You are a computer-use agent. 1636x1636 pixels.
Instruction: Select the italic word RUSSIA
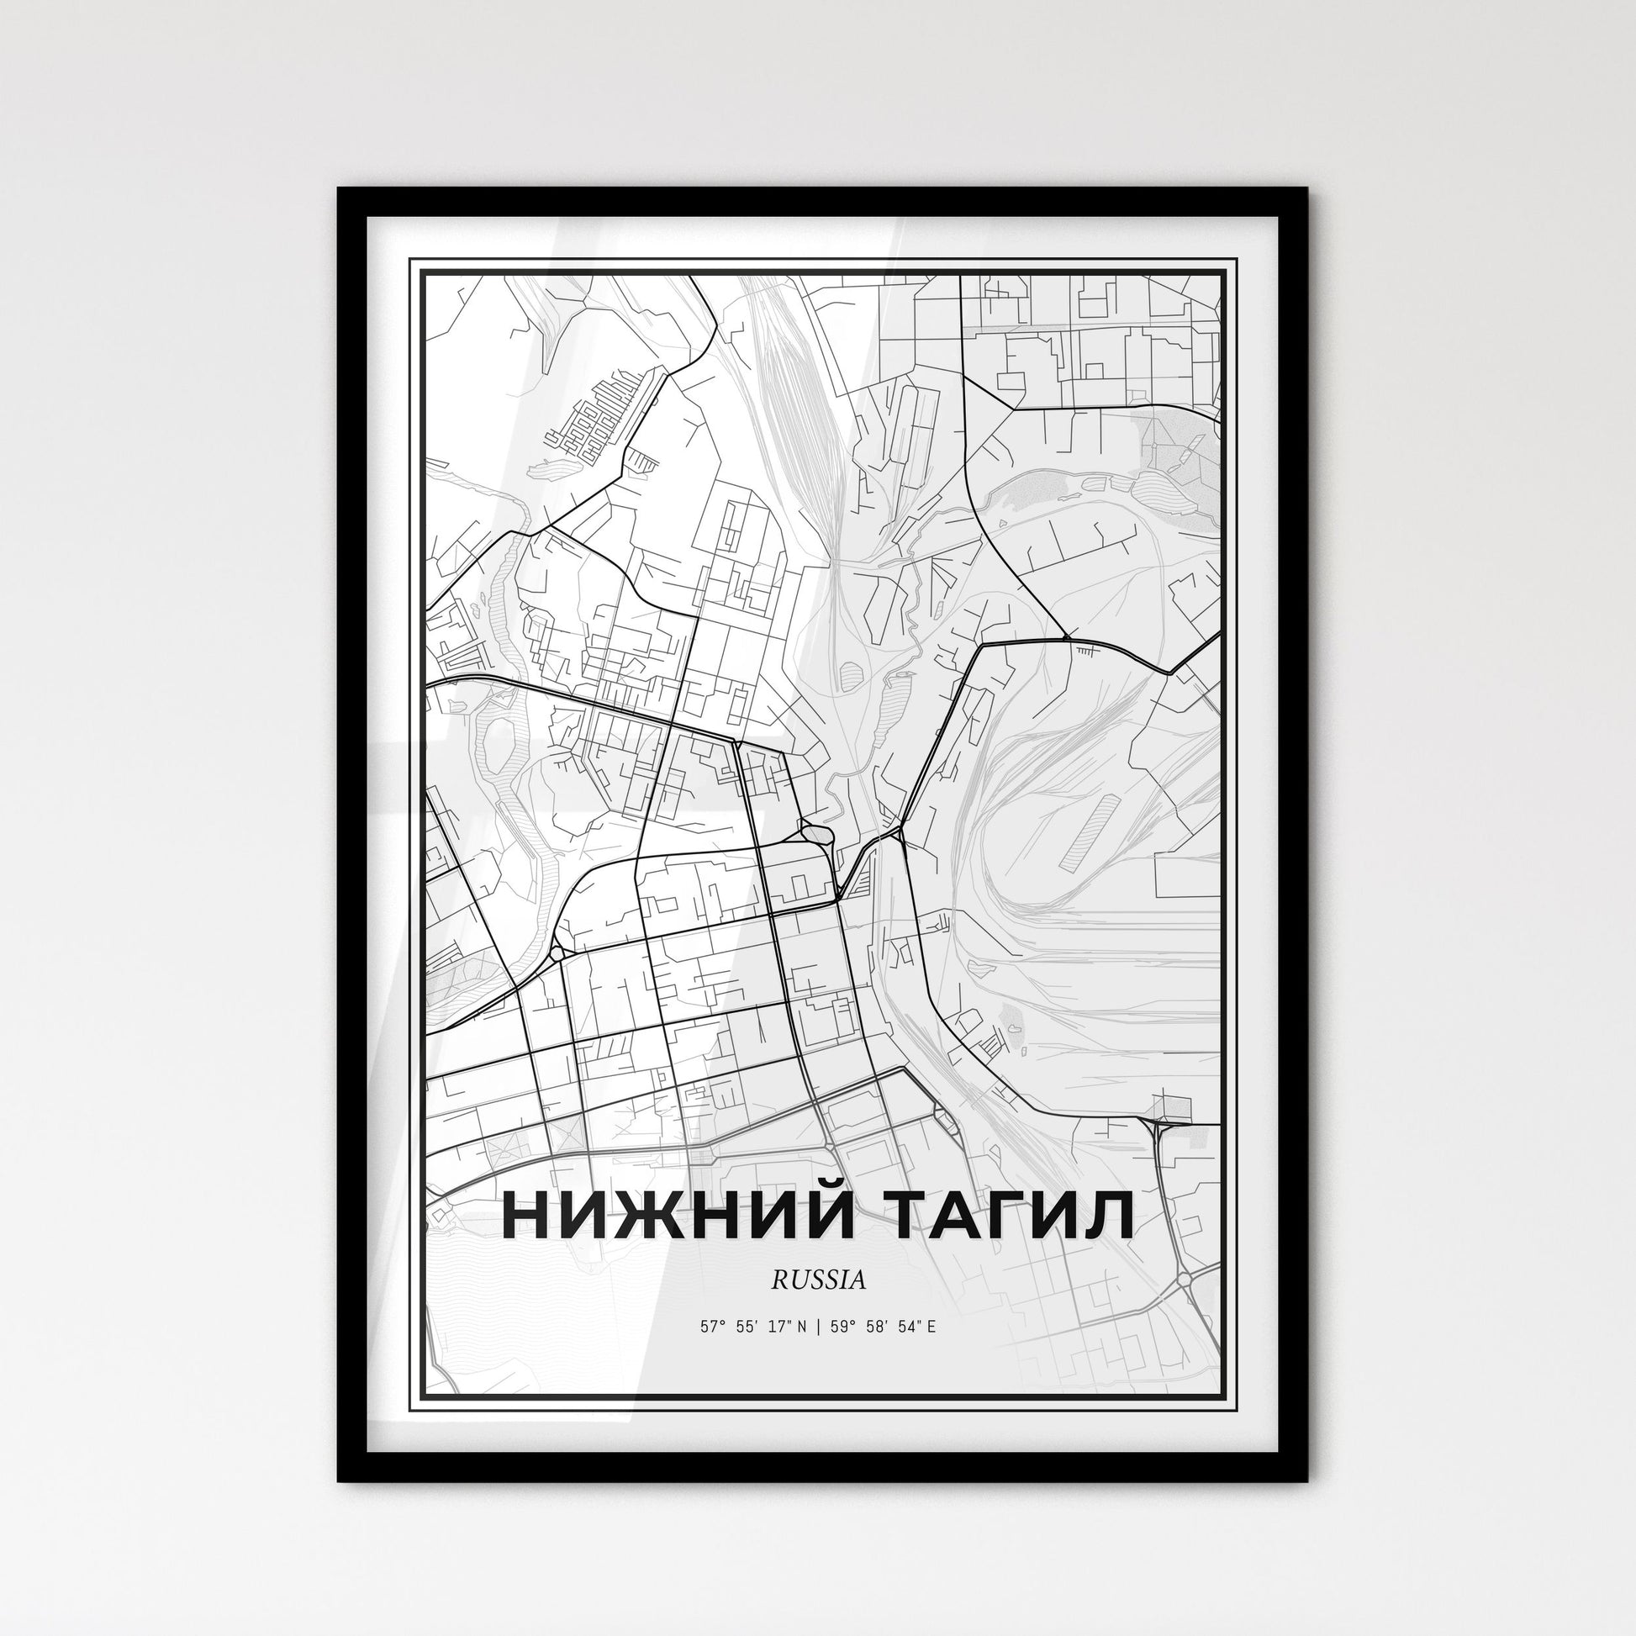[x=818, y=1280]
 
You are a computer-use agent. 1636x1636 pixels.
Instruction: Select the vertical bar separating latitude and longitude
[x=818, y=1327]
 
